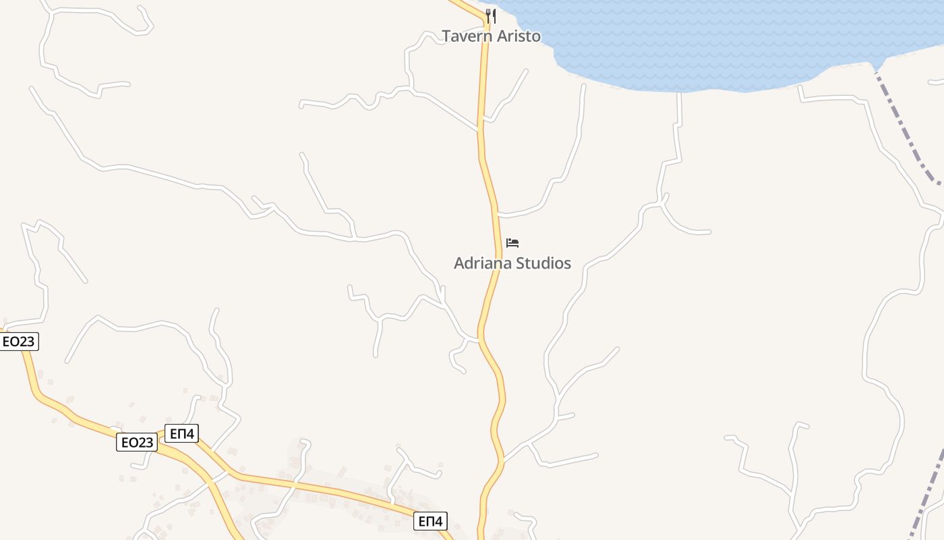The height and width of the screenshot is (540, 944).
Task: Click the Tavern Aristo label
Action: tap(491, 36)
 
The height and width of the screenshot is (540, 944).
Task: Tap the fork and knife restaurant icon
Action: tap(491, 16)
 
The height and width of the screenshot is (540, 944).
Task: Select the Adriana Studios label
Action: tap(512, 263)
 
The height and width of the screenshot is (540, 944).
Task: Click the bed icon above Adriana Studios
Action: tap(512, 243)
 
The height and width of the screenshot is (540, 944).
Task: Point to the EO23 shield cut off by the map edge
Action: tap(18, 342)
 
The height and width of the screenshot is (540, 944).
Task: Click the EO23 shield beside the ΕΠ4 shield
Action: tap(137, 442)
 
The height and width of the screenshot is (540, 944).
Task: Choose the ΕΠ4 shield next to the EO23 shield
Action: tap(181, 433)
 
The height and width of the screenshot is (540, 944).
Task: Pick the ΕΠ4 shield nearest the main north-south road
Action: tap(430, 521)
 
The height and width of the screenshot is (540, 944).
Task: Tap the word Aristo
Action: tap(519, 36)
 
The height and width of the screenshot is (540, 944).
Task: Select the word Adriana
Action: tap(481, 263)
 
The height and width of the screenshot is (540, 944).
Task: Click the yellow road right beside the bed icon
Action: tap(498, 243)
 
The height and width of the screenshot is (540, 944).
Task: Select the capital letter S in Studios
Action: tap(517, 263)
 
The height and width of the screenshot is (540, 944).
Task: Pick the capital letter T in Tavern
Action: tap(446, 36)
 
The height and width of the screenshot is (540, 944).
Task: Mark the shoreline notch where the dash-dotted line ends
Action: tap(876, 67)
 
